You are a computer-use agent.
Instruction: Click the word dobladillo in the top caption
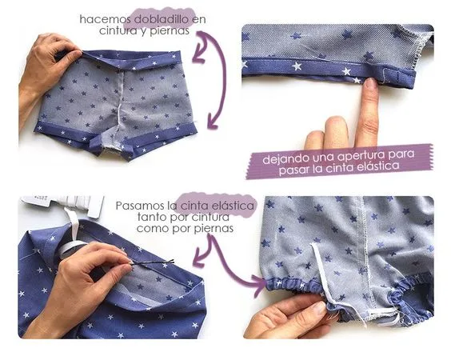[x=162, y=19]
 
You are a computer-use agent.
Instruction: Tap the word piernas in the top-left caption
[x=170, y=30]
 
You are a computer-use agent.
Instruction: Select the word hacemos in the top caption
[x=106, y=19]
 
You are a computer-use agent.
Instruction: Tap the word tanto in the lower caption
[x=152, y=217]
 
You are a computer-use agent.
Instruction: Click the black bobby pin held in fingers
[x=152, y=262]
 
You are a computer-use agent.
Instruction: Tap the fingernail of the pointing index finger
[x=371, y=82]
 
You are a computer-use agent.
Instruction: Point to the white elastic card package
[x=63, y=204]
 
